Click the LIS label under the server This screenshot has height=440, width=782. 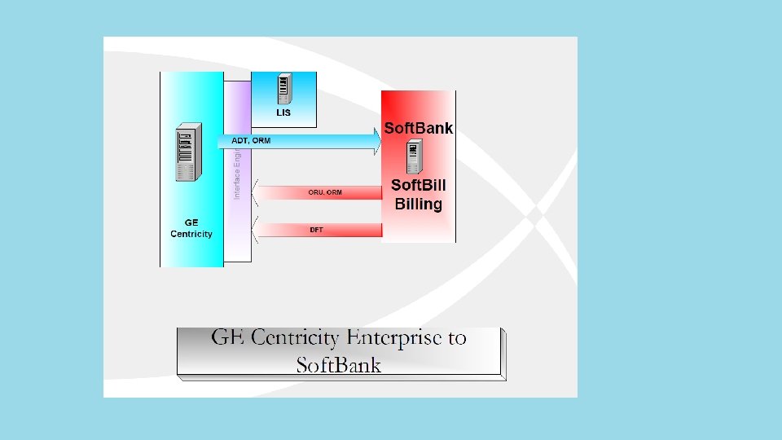(x=283, y=112)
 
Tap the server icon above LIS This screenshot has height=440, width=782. (x=284, y=88)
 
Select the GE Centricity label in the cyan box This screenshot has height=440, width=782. (x=191, y=228)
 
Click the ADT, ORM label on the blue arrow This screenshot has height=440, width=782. (x=251, y=140)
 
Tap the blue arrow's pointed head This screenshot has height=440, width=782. (x=376, y=142)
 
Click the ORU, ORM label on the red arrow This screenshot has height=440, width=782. (x=325, y=192)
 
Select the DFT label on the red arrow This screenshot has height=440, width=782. (x=316, y=230)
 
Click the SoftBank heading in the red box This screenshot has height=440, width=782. (x=418, y=128)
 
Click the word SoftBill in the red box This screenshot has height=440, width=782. (x=419, y=185)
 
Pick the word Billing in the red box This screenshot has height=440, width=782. (x=419, y=204)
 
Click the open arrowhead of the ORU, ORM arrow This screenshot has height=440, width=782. (x=256, y=192)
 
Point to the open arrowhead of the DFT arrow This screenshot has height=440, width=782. (x=256, y=230)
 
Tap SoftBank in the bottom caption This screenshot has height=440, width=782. (x=339, y=364)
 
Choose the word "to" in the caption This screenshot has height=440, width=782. (x=457, y=337)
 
